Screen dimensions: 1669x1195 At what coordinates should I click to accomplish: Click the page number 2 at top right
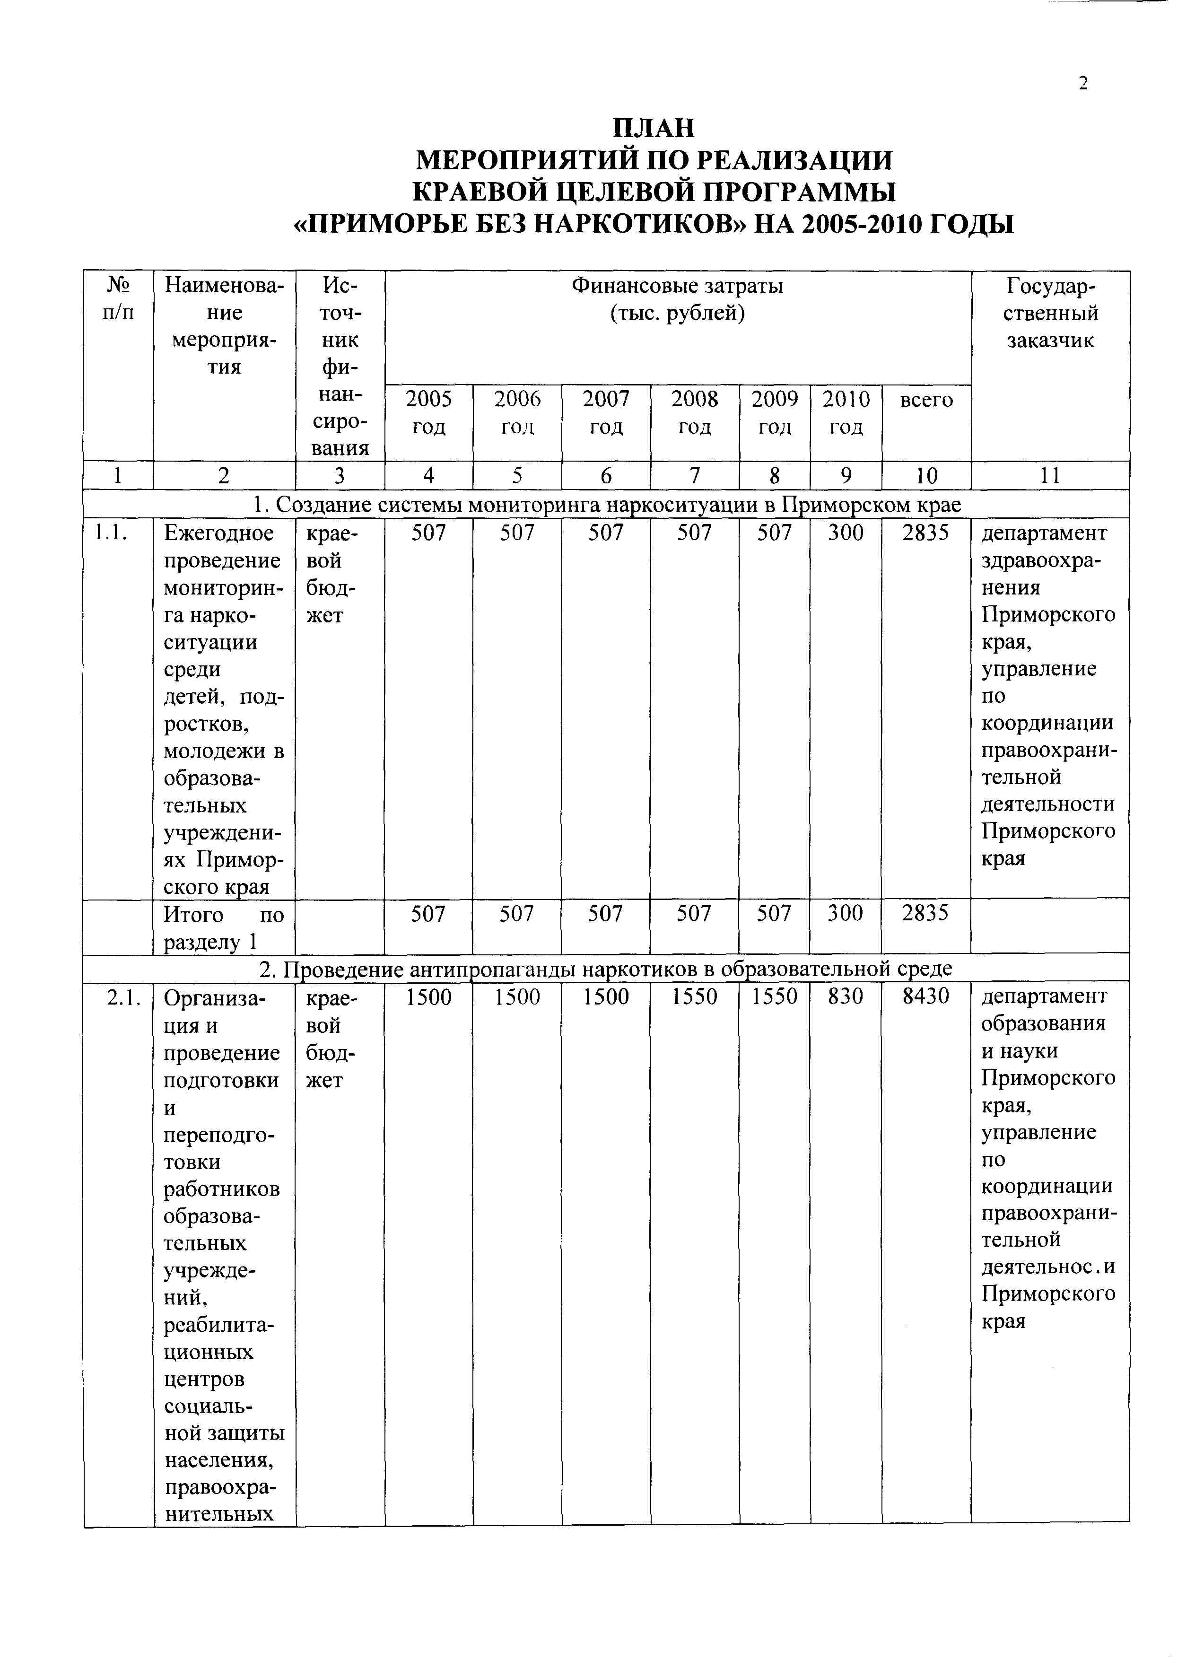click(x=1082, y=84)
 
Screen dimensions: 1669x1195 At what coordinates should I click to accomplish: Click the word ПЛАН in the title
click(x=654, y=129)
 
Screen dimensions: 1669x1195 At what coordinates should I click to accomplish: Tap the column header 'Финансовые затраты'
click(x=677, y=286)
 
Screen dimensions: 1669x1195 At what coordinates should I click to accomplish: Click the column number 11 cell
click(x=1049, y=476)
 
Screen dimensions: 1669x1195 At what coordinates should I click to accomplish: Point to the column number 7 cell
click(x=694, y=476)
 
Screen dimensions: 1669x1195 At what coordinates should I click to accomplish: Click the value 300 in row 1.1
click(x=846, y=533)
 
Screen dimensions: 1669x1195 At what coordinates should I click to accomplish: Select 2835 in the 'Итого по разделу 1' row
click(x=925, y=914)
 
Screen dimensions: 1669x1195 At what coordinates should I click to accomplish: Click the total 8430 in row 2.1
click(x=925, y=997)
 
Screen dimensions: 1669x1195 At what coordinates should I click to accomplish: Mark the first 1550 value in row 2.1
click(x=694, y=997)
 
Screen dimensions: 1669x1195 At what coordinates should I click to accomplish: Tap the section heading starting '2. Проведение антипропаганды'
click(x=606, y=969)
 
